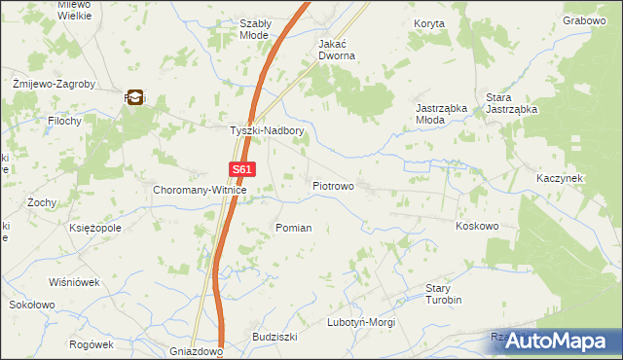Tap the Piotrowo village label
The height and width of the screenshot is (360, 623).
click(333, 185)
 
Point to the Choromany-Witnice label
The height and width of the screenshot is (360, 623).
click(201, 191)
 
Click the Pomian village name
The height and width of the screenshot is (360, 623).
click(294, 228)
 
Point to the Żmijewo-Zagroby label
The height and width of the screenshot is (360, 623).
click(55, 85)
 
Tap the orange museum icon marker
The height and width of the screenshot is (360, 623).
click(135, 96)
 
